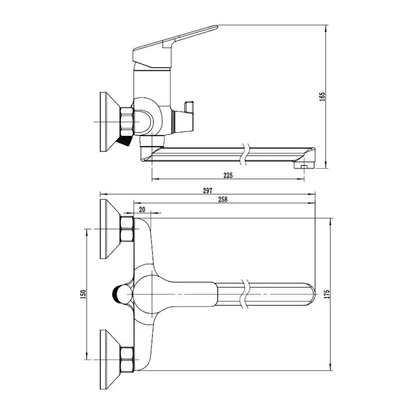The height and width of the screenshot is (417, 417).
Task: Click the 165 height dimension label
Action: point(322,96)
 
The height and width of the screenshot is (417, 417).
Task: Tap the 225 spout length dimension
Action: point(228,175)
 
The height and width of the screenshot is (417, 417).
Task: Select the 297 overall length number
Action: point(207,190)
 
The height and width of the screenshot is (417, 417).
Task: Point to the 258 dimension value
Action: point(223,200)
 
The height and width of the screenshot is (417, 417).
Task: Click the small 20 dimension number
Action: point(142,210)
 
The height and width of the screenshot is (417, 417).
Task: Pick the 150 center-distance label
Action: point(83,295)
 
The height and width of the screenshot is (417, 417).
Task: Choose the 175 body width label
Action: point(327,294)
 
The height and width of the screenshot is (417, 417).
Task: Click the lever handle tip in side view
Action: point(217,26)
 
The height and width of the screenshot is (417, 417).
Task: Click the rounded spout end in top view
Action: point(312,295)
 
